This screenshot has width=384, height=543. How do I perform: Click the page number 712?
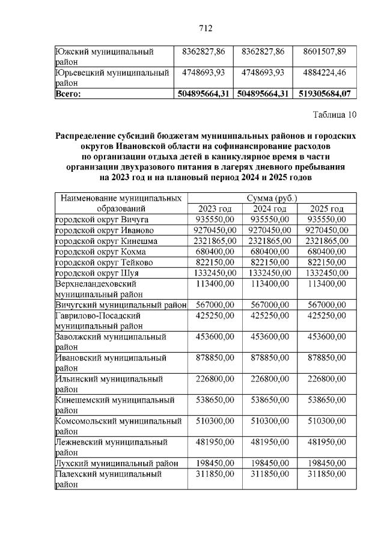pos(206,28)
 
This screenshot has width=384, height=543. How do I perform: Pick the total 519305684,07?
pos(324,94)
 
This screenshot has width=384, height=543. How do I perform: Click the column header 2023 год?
pos(216,208)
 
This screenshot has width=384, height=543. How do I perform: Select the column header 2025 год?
pos(327,208)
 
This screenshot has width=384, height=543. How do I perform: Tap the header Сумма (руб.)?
pos(272,198)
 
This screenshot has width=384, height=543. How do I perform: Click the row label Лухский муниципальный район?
pos(117,463)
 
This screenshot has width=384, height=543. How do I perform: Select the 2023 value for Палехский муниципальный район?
pos(216,474)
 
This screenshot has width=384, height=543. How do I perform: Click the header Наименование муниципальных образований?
pos(120,202)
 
